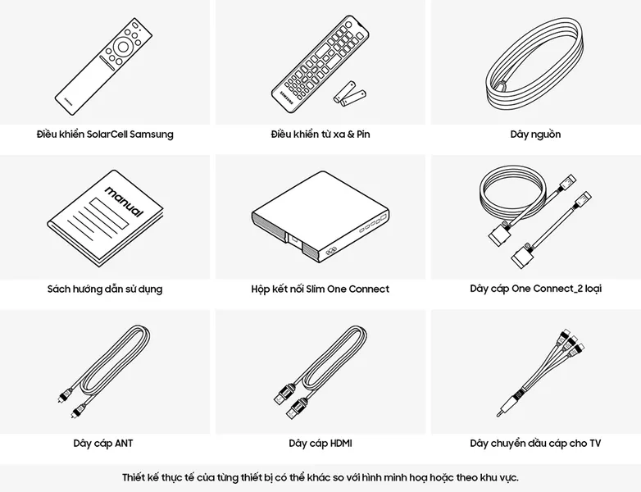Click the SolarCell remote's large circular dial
(123, 47)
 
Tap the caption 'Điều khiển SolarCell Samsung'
(105, 134)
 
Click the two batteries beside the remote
(349, 93)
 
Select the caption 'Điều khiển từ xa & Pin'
(320, 134)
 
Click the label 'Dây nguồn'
(535, 134)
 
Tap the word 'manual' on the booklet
(125, 202)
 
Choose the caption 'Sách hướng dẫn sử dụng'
(105, 289)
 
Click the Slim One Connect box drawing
(320, 218)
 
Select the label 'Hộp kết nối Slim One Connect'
(320, 289)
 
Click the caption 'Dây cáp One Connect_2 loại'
(535, 289)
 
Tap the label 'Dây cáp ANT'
(103, 444)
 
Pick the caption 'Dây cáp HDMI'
(320, 444)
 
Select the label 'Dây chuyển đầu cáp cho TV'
(535, 444)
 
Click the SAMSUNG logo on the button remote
(286, 98)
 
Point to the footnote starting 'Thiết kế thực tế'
(320, 477)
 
